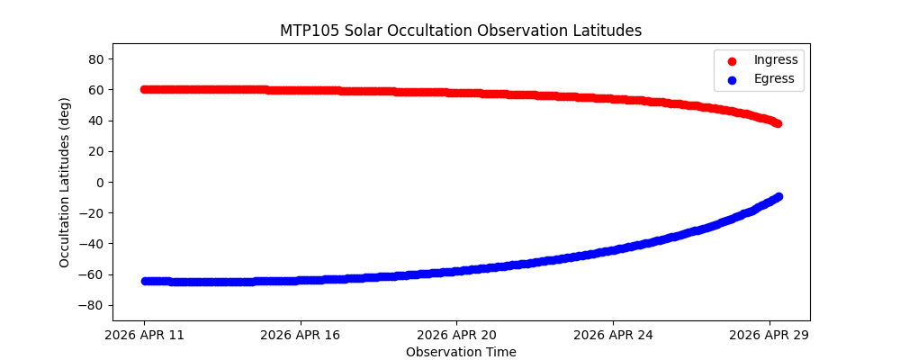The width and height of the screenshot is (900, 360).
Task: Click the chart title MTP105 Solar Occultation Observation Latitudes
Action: click(x=461, y=31)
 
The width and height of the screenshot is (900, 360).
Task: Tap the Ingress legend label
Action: click(x=775, y=60)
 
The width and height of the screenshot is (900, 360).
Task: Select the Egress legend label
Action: click(x=773, y=78)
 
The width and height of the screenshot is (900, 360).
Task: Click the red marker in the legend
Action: click(x=732, y=60)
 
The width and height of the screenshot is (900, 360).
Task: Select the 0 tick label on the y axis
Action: click(x=100, y=182)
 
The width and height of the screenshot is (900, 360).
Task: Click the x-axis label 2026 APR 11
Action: click(x=144, y=335)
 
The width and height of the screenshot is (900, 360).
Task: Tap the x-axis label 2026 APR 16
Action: click(x=300, y=335)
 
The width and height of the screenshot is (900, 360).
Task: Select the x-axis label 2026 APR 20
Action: click(x=456, y=335)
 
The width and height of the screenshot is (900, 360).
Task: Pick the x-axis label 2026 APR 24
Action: click(x=613, y=335)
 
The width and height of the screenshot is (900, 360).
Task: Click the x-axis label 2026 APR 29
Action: click(x=769, y=335)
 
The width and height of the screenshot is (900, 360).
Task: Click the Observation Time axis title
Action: click(x=461, y=352)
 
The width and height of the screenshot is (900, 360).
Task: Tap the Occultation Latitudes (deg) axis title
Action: click(x=65, y=182)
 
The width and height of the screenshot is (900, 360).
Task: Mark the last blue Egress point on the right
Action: click(x=778, y=196)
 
